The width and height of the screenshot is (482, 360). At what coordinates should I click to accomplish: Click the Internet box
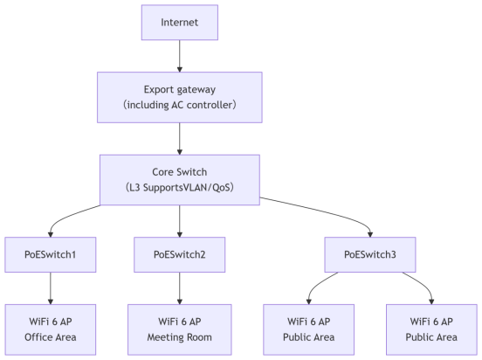(x=180, y=22)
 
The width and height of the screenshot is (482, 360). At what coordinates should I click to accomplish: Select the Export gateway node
(x=180, y=97)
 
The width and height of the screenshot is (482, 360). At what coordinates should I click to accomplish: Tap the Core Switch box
(x=180, y=180)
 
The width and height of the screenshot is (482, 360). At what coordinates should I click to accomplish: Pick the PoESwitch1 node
(x=51, y=254)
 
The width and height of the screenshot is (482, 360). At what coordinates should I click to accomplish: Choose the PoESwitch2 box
(x=180, y=254)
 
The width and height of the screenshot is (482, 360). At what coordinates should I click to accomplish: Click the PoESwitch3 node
(x=370, y=254)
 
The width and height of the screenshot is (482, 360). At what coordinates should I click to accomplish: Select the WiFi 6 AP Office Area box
(x=51, y=329)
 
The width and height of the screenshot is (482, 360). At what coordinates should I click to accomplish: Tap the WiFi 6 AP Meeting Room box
(x=180, y=329)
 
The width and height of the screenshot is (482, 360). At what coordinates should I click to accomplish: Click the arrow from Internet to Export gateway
(x=180, y=56)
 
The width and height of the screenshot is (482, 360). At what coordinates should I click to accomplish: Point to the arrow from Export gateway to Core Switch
(x=180, y=139)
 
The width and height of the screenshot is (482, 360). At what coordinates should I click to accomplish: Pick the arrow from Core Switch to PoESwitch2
(x=180, y=221)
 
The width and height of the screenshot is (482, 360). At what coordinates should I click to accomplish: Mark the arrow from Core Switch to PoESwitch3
(x=326, y=212)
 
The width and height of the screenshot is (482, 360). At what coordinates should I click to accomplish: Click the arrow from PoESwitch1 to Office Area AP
(x=51, y=288)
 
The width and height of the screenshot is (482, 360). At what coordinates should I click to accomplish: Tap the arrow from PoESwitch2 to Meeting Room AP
(x=180, y=288)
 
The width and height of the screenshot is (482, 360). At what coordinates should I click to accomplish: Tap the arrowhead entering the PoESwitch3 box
(x=370, y=234)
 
